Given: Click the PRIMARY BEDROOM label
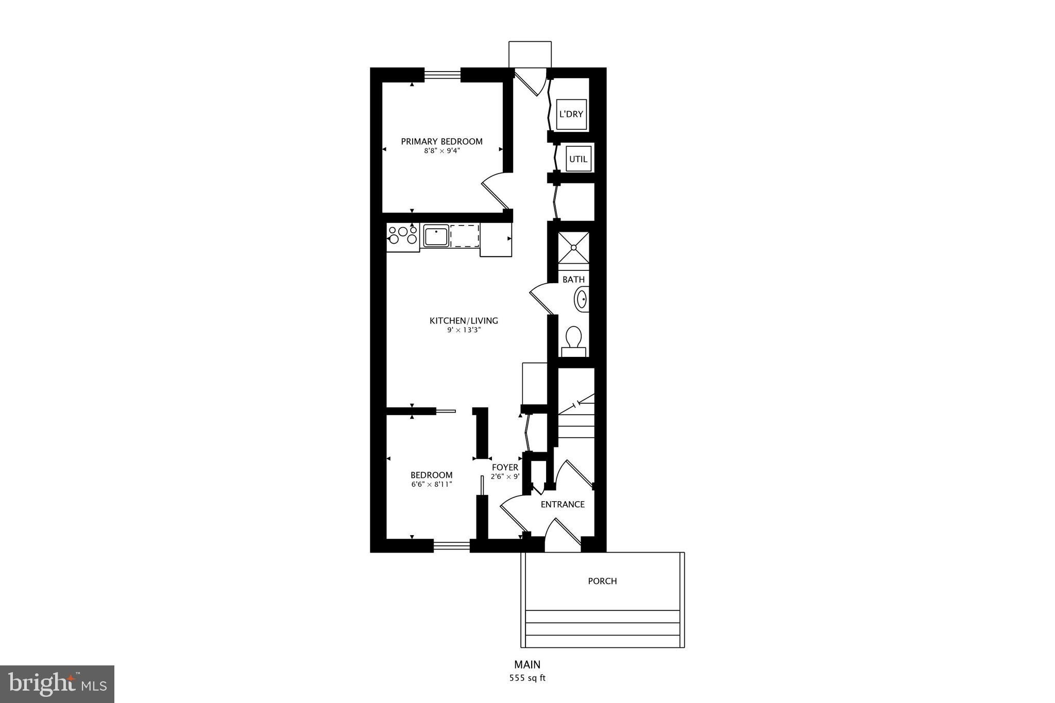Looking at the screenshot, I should pyautogui.click(x=441, y=142).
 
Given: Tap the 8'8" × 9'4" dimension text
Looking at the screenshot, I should pyautogui.click(x=441, y=151).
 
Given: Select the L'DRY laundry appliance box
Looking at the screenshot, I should pyautogui.click(x=571, y=114).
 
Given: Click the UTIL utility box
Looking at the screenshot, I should pyautogui.click(x=578, y=159).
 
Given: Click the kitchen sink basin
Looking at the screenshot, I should pyautogui.click(x=436, y=236).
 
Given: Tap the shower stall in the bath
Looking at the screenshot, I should pyautogui.click(x=573, y=247).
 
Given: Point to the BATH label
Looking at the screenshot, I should pyautogui.click(x=573, y=280).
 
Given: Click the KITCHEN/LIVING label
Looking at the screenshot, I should pyautogui.click(x=464, y=321).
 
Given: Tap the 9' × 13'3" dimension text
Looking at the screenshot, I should pyautogui.click(x=464, y=330).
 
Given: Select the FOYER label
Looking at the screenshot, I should pyautogui.click(x=505, y=468).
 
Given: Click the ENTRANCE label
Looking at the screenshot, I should pyautogui.click(x=563, y=505).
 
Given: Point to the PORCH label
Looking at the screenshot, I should pyautogui.click(x=602, y=581).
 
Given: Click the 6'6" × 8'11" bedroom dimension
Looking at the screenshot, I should pyautogui.click(x=432, y=484).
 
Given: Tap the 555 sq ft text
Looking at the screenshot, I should pyautogui.click(x=527, y=678).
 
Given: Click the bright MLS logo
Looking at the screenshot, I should pyautogui.click(x=57, y=684).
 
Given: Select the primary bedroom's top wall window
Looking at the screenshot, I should pyautogui.click(x=442, y=75).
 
